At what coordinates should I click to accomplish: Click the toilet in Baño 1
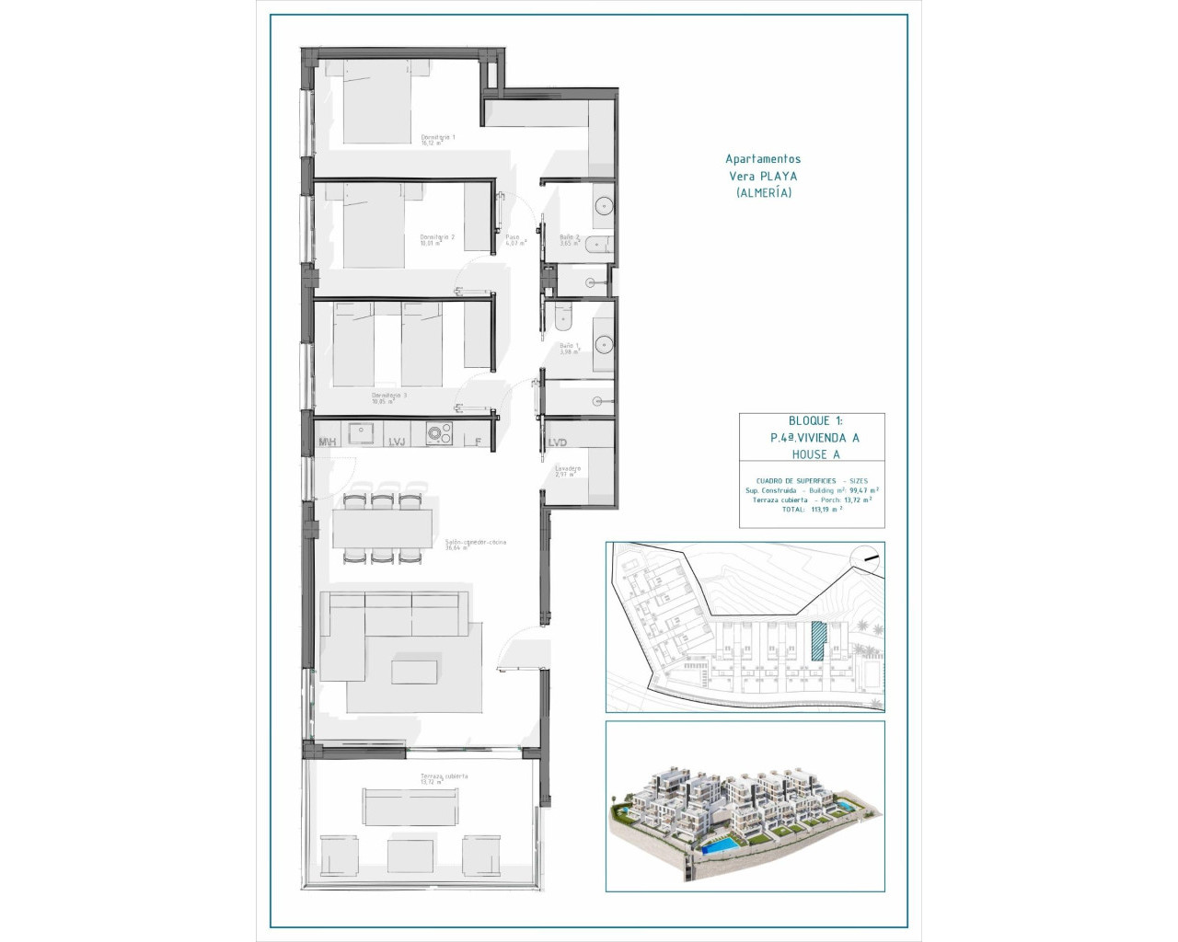point(563,316)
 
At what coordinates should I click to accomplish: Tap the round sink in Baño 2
point(604,206)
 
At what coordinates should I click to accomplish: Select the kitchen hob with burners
point(439,433)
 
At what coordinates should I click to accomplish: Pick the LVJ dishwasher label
point(397,442)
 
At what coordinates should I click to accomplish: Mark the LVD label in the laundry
point(557,442)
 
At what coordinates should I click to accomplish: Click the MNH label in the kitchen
point(327,442)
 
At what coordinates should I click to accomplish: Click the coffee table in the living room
point(414,669)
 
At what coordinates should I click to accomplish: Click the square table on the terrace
point(410,856)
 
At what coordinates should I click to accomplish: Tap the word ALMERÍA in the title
point(763,192)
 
